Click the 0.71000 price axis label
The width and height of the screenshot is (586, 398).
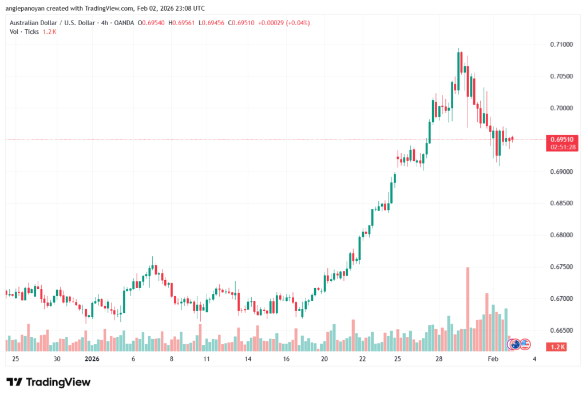(x=561, y=45)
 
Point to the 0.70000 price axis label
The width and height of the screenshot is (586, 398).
(x=561, y=108)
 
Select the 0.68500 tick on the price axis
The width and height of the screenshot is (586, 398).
(x=561, y=204)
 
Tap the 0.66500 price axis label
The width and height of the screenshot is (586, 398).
(x=561, y=331)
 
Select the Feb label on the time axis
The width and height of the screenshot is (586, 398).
(x=493, y=359)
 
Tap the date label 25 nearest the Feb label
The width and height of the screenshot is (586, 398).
(x=397, y=359)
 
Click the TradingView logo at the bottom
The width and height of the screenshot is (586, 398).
(x=49, y=382)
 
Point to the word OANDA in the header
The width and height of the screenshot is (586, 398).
(x=124, y=23)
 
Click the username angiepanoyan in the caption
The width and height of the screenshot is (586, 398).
(x=26, y=9)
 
